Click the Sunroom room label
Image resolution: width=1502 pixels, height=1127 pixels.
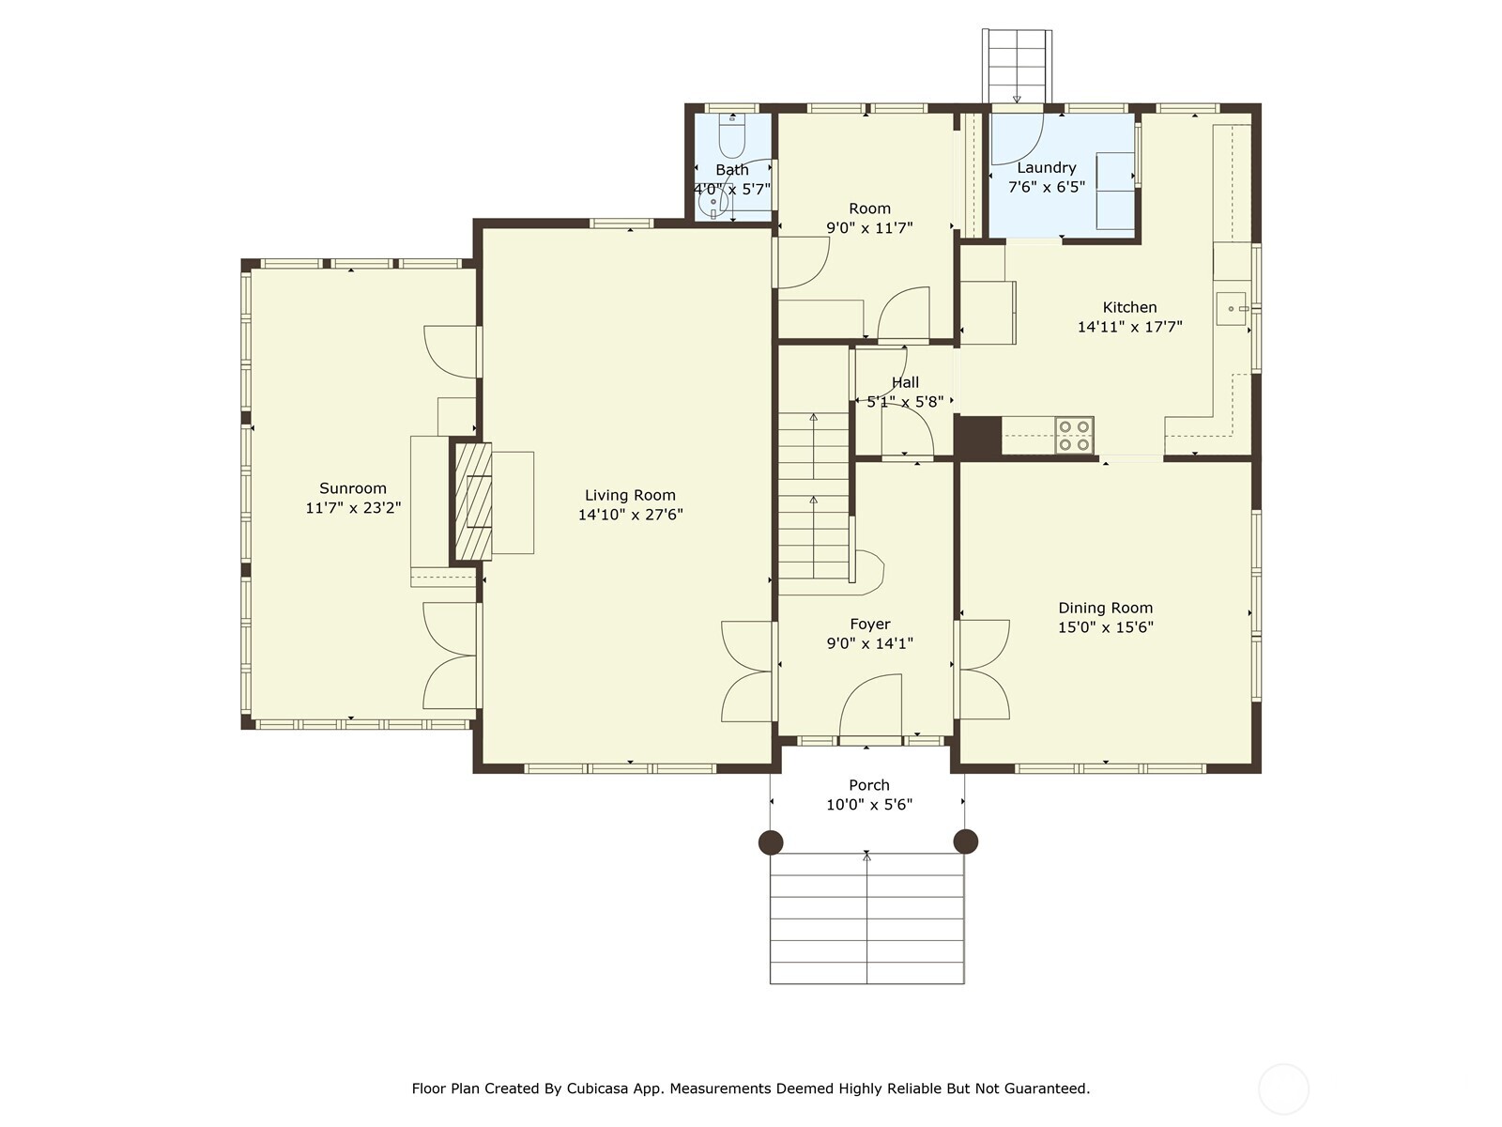point(353,488)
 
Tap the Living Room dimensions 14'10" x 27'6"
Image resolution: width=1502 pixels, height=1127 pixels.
point(630,515)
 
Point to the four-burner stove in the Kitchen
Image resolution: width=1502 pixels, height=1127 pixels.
point(1074,436)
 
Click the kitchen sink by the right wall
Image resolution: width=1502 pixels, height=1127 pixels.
point(1231,308)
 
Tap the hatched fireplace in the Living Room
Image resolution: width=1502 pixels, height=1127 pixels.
point(473,502)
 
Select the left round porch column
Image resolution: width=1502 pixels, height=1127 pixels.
point(771,841)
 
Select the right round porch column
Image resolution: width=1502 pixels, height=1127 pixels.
point(965,841)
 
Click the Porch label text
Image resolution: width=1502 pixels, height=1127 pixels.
point(869,785)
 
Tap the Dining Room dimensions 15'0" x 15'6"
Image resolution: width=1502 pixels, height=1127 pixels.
point(1105,627)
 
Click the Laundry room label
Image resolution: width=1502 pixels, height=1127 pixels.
point(1046,168)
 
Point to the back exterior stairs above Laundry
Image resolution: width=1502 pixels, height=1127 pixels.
point(1017,64)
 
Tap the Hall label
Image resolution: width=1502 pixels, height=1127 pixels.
point(905,382)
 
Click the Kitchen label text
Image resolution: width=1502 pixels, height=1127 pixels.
point(1129,307)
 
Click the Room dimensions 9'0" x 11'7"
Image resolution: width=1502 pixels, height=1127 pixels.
point(869,227)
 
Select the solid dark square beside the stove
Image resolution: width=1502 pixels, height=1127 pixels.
point(978,438)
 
